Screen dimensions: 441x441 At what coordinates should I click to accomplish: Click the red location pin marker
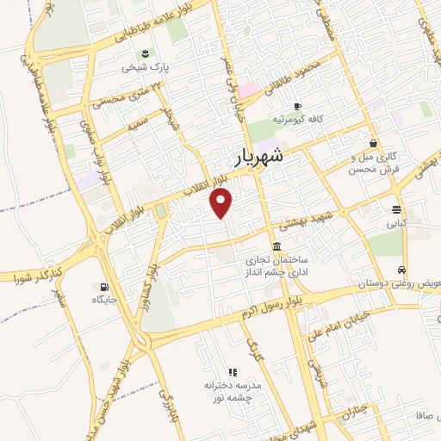222,203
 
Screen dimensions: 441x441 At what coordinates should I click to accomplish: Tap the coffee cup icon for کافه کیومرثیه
297,105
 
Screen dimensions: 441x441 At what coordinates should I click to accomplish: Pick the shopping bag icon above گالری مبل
374,143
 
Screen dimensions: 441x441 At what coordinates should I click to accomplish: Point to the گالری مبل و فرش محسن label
373,164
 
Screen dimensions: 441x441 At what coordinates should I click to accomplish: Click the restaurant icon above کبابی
396,209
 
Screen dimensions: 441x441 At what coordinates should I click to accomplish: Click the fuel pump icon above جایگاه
105,287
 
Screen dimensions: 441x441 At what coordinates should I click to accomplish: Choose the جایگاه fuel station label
105,300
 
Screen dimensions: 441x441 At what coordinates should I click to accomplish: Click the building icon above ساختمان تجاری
276,246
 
